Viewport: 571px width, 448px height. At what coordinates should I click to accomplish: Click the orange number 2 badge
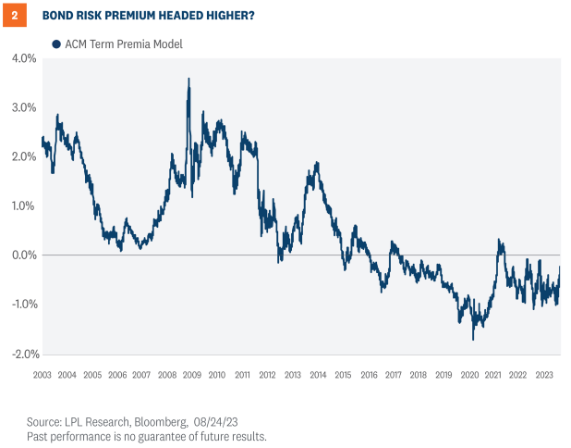click(x=14, y=15)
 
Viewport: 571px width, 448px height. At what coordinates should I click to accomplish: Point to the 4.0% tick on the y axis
click(x=23, y=58)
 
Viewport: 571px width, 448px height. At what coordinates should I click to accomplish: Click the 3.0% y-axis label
click(x=23, y=107)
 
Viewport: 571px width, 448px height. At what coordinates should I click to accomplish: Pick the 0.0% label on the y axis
click(x=23, y=255)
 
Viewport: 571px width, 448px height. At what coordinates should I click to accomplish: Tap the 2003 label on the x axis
click(x=43, y=375)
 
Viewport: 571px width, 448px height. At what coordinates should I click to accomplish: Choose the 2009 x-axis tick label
click(x=192, y=375)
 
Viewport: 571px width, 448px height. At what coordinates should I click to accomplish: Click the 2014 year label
click(x=317, y=375)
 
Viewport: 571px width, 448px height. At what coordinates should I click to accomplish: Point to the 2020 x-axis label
click(x=468, y=375)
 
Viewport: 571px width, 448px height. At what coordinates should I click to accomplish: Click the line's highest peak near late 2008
click(x=188, y=80)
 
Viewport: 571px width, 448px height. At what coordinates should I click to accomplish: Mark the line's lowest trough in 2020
click(x=473, y=339)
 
